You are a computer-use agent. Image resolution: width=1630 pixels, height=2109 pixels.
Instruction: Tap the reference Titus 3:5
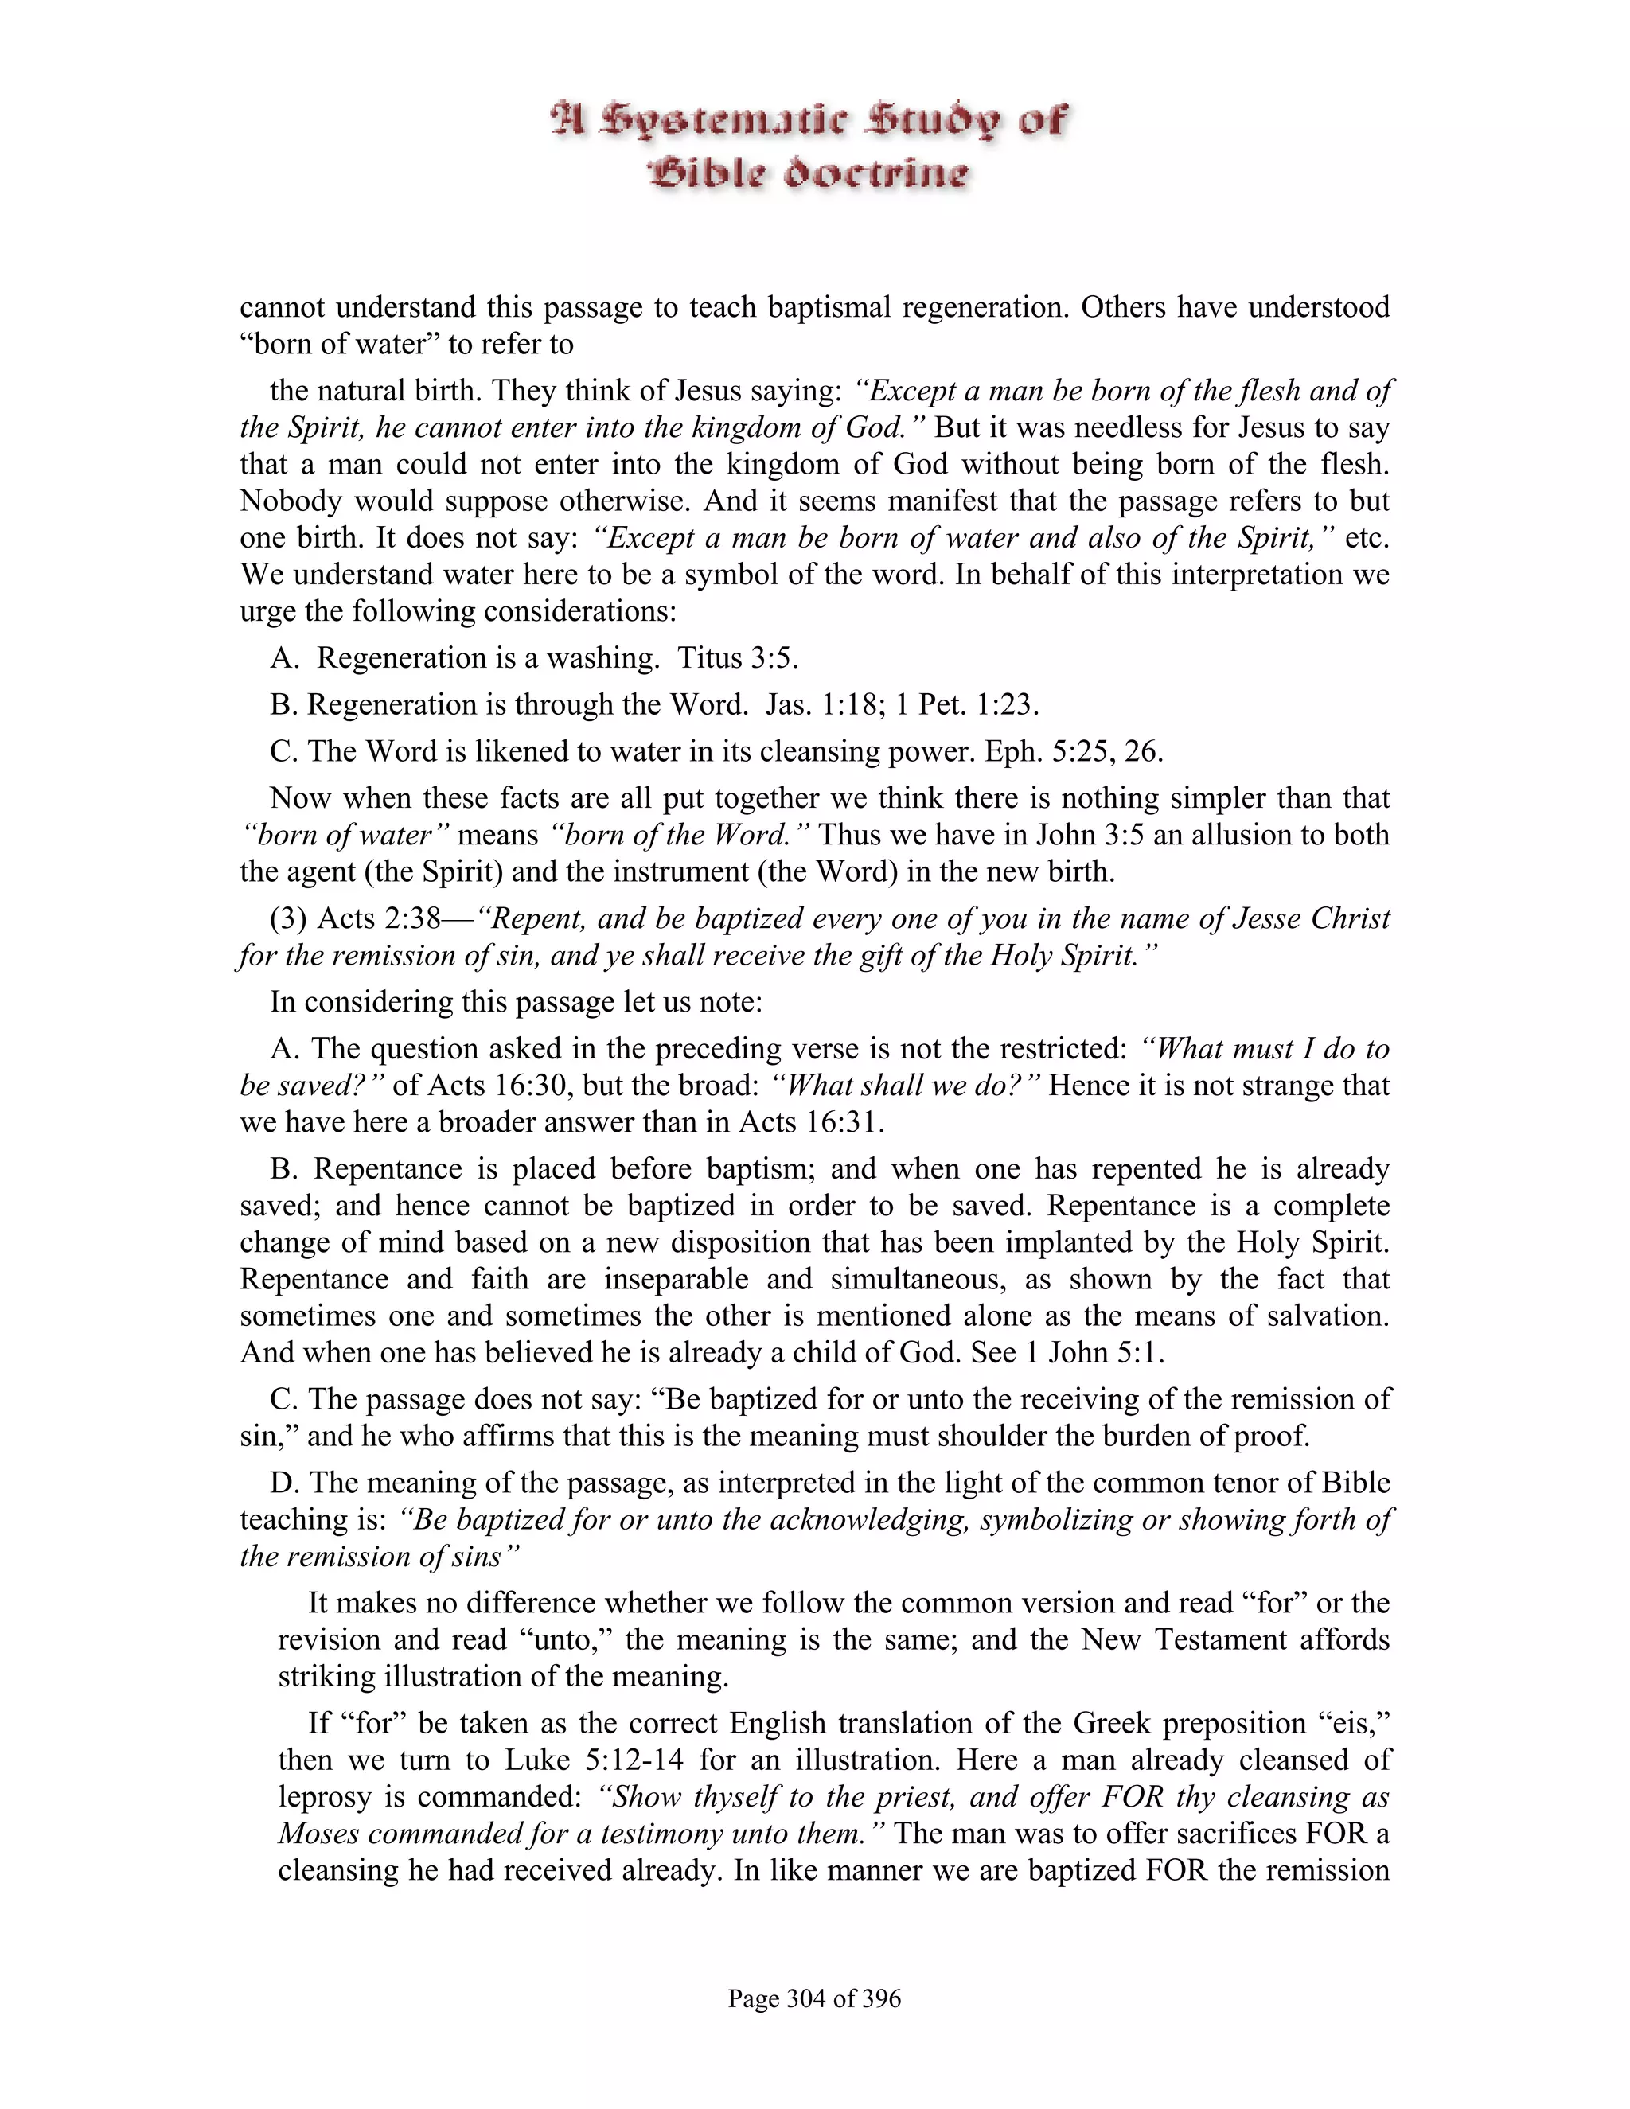[737, 657]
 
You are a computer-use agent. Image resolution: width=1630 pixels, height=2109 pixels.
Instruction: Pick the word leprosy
[325, 1797]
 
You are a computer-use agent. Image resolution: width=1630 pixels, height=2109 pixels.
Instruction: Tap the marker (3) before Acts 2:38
[288, 918]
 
